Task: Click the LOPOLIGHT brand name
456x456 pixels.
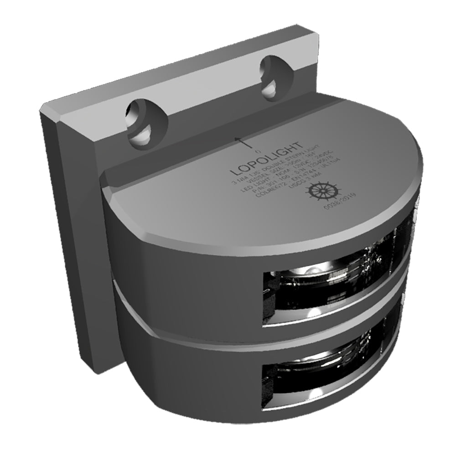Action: tap(266, 159)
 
